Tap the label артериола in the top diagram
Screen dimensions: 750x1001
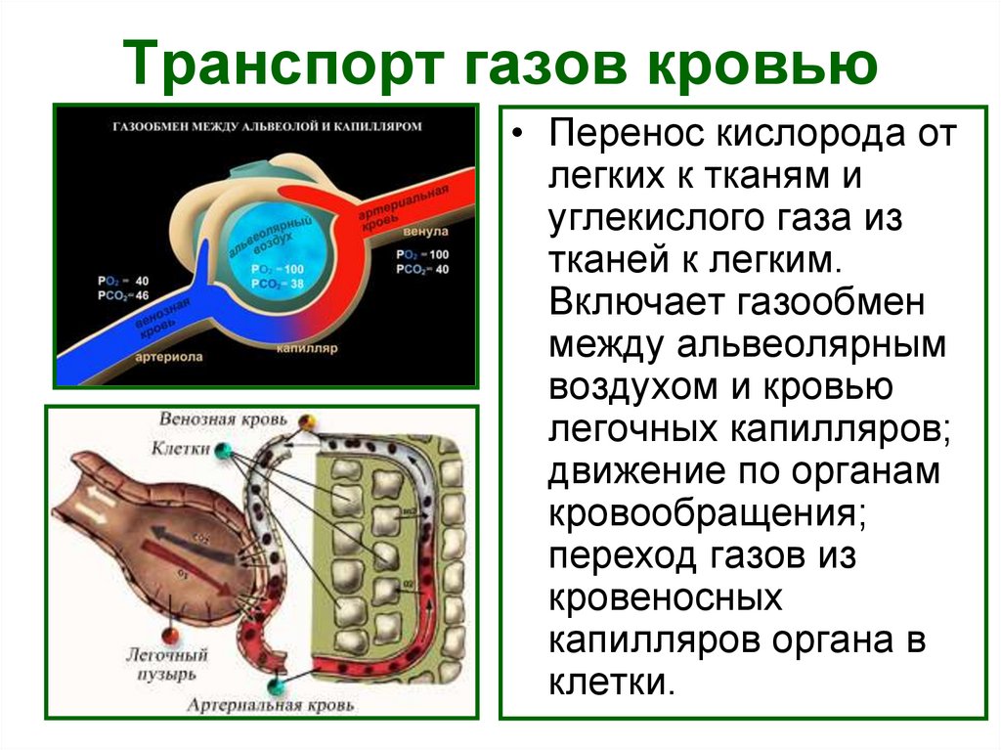click(x=169, y=357)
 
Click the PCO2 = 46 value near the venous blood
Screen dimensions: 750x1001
click(x=121, y=294)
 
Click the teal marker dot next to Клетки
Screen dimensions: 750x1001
click(x=224, y=450)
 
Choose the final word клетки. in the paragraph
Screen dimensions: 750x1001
click(x=612, y=680)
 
